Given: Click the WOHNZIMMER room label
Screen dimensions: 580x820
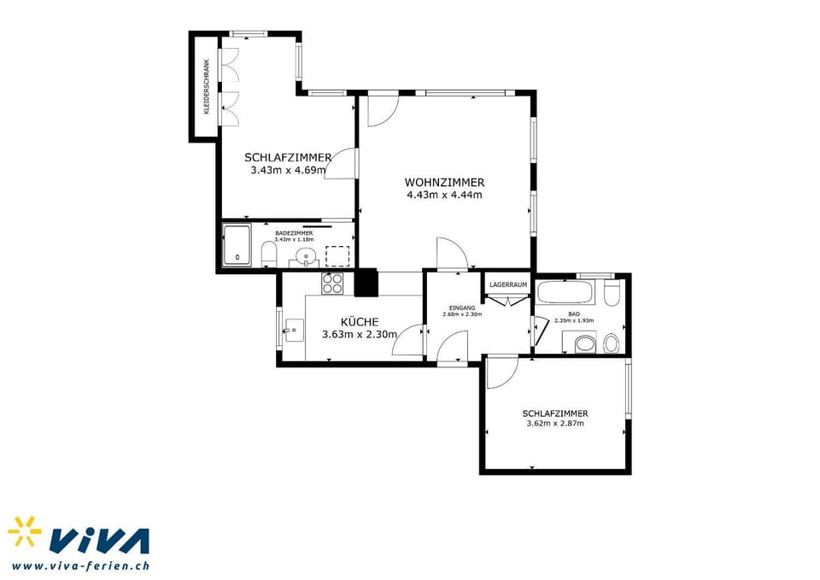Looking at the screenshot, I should pyautogui.click(x=444, y=182).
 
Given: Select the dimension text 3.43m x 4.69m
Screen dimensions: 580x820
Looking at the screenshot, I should pyautogui.click(x=288, y=170).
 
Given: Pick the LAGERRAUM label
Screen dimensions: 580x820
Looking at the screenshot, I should pyautogui.click(x=508, y=284).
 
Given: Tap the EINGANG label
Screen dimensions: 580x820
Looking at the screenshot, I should pyautogui.click(x=461, y=307).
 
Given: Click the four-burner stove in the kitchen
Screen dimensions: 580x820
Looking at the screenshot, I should pyautogui.click(x=331, y=283).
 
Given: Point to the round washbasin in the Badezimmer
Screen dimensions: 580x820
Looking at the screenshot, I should pyautogui.click(x=304, y=256).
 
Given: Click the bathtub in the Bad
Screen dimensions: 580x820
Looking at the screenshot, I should pyautogui.click(x=565, y=292).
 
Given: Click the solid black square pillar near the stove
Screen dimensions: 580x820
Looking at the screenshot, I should pyautogui.click(x=366, y=282).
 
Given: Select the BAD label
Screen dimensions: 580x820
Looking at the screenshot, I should pyautogui.click(x=573, y=313).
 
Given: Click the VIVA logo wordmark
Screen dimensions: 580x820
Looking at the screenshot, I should pyautogui.click(x=98, y=541).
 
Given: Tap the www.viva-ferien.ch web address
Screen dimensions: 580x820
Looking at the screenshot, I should pyautogui.click(x=81, y=565).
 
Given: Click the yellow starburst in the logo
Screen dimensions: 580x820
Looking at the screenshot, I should pyautogui.click(x=25, y=531).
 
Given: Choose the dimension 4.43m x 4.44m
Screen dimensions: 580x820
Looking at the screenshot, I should pyautogui.click(x=444, y=195).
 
